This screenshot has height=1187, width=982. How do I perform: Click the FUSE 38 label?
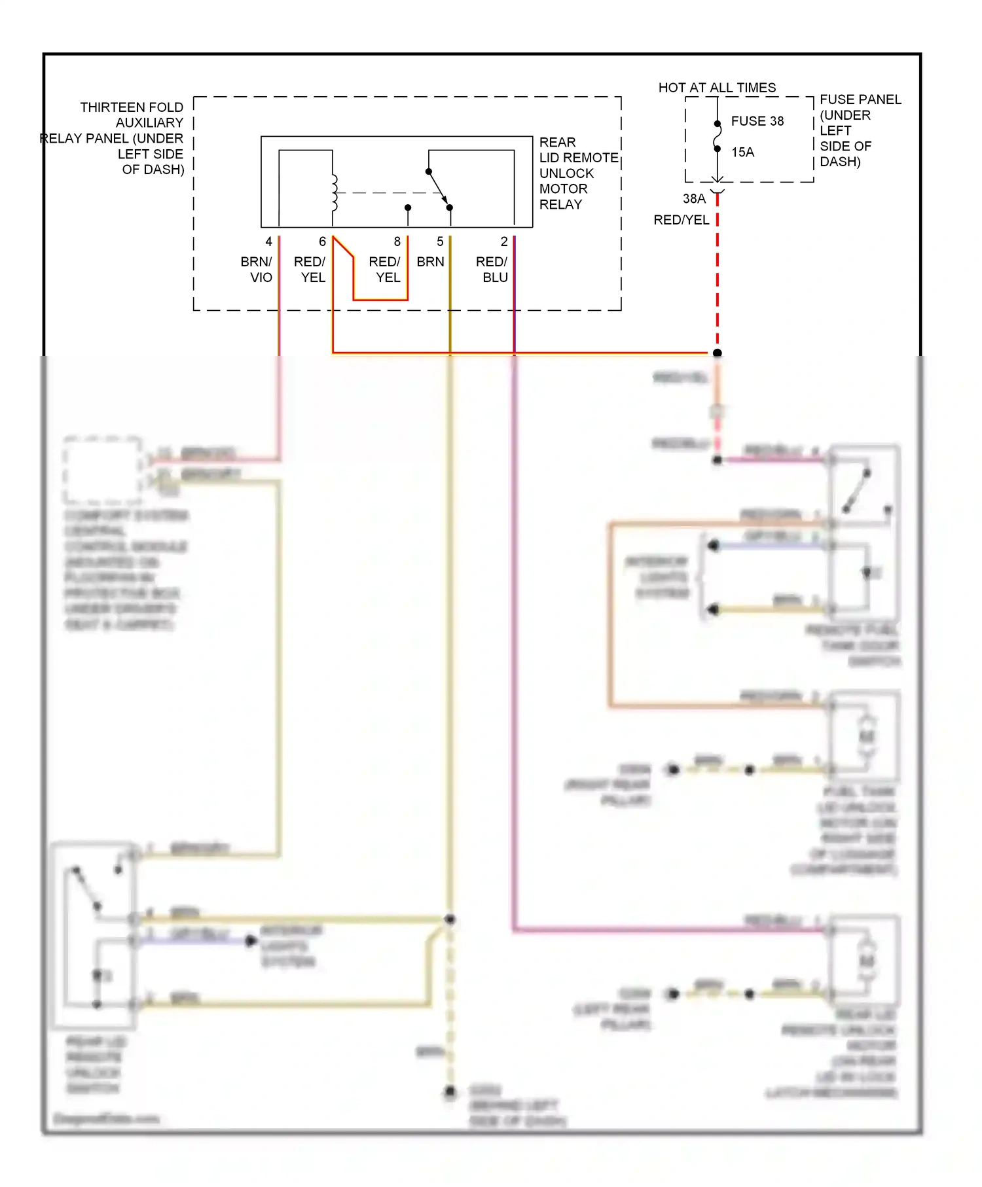pos(757,121)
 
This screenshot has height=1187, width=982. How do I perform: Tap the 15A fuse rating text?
pos(742,152)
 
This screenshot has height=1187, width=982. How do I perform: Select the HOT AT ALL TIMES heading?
pos(717,88)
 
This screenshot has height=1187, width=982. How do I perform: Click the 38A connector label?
pos(694,198)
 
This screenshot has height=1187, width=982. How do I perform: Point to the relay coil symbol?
pos(335,192)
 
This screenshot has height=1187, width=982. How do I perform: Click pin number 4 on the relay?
pos(268,241)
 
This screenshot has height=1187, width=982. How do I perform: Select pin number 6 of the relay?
pos(322,241)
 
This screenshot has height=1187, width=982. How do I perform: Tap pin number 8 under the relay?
pos(397,241)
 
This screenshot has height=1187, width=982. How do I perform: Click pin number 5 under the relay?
pos(440,241)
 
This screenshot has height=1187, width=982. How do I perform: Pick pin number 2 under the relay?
pos(504,241)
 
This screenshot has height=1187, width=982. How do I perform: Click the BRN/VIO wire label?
pos(256,269)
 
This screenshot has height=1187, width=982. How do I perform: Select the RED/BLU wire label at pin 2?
pos(492,269)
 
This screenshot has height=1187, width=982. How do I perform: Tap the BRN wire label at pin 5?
pos(430,262)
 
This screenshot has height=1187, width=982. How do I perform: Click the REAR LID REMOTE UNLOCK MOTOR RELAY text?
pos(577,173)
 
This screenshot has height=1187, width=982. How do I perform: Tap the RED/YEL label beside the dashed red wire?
pos(681,221)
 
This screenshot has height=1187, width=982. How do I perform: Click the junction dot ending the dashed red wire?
pos(718,353)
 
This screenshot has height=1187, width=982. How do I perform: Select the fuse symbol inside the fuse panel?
pos(718,136)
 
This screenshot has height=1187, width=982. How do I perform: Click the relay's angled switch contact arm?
pos(439,190)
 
